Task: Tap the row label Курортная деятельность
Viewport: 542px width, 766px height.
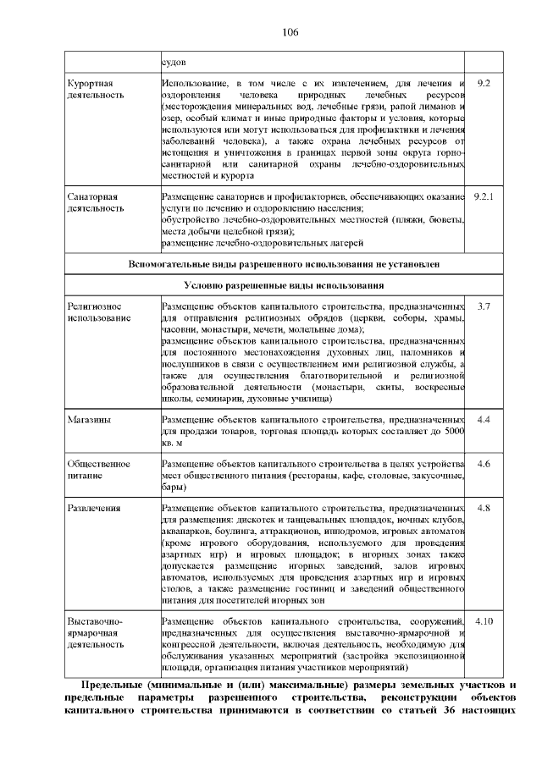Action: tap(91, 89)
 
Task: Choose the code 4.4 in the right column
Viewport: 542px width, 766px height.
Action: tap(484, 419)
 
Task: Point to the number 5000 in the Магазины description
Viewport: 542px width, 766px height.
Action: tap(454, 431)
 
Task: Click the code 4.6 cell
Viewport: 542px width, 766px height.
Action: tap(484, 464)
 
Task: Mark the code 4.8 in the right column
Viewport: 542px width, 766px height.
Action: tap(484, 508)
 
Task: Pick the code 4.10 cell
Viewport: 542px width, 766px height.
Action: tap(484, 620)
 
